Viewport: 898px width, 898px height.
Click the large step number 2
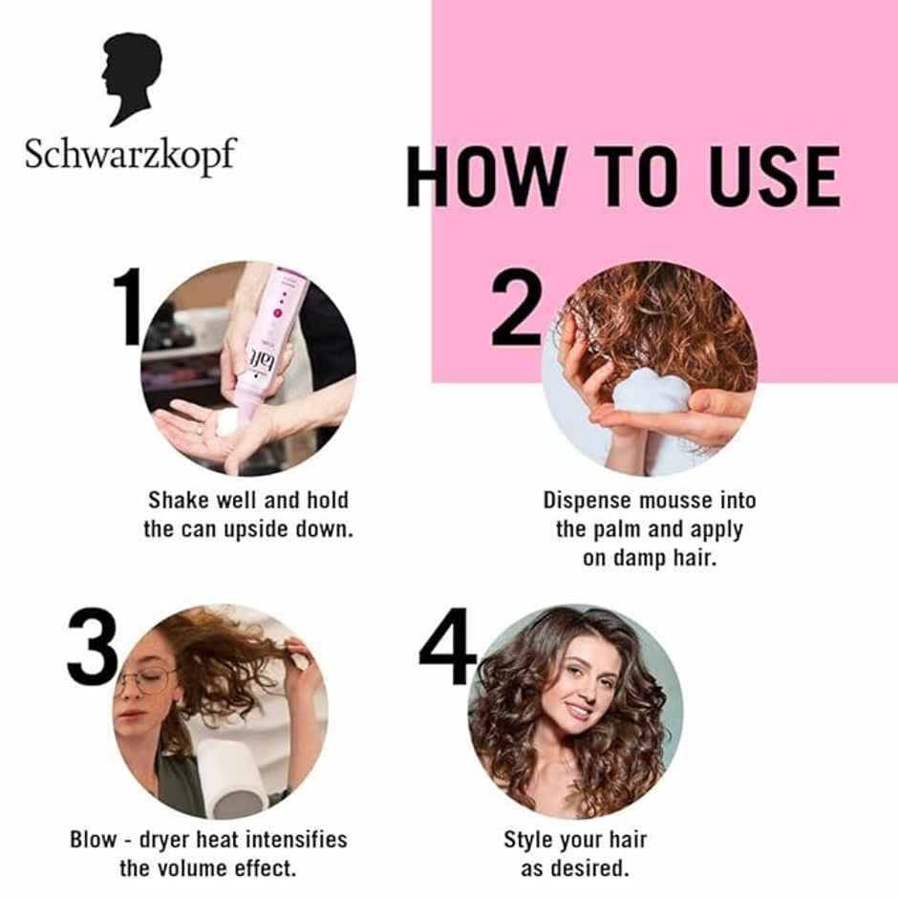(517, 308)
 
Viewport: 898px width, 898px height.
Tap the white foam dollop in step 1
(227, 421)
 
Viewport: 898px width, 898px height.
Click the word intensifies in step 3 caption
(291, 841)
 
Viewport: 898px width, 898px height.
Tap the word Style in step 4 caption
(528, 841)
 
